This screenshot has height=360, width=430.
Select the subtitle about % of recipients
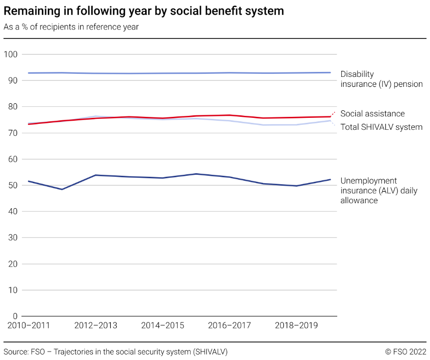coord(71,27)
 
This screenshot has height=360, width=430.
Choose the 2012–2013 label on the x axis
coord(96,326)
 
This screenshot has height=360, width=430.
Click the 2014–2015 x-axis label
coord(163,326)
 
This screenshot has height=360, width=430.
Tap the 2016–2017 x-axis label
coord(229,326)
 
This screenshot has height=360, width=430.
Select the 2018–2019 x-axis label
coord(296,326)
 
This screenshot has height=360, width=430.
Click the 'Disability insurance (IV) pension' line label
coord(381,79)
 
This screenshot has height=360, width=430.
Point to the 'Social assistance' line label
coord(373,114)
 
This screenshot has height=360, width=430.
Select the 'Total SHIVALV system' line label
coord(381,127)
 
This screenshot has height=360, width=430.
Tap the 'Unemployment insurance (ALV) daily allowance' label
coord(379,191)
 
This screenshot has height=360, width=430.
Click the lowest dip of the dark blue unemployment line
coord(62,189)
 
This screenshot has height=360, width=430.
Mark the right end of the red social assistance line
coord(330,117)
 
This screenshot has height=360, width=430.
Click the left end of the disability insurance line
coord(28,73)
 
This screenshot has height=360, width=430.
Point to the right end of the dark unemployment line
coord(330,179)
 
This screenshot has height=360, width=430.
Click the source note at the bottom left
coord(115,352)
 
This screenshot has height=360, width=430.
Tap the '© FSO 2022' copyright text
coord(406,352)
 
